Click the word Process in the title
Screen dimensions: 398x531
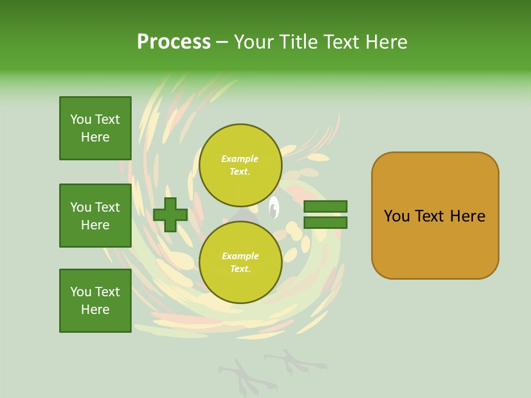(x=174, y=42)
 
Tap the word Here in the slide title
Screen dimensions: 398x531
(x=387, y=42)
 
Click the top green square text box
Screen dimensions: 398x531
(x=95, y=128)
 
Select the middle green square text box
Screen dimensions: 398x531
(x=95, y=216)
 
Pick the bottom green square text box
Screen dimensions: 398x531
(x=95, y=301)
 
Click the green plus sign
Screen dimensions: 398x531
(x=170, y=214)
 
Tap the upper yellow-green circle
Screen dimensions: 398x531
(x=241, y=165)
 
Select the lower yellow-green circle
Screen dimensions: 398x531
(x=241, y=263)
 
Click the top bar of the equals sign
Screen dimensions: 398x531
(x=326, y=206)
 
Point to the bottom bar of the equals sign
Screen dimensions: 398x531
(x=326, y=223)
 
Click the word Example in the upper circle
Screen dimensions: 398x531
(x=240, y=159)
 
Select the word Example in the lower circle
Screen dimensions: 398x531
(x=240, y=256)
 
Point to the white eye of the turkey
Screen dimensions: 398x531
(x=273, y=208)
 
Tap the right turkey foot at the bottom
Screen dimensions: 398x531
(x=293, y=363)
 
